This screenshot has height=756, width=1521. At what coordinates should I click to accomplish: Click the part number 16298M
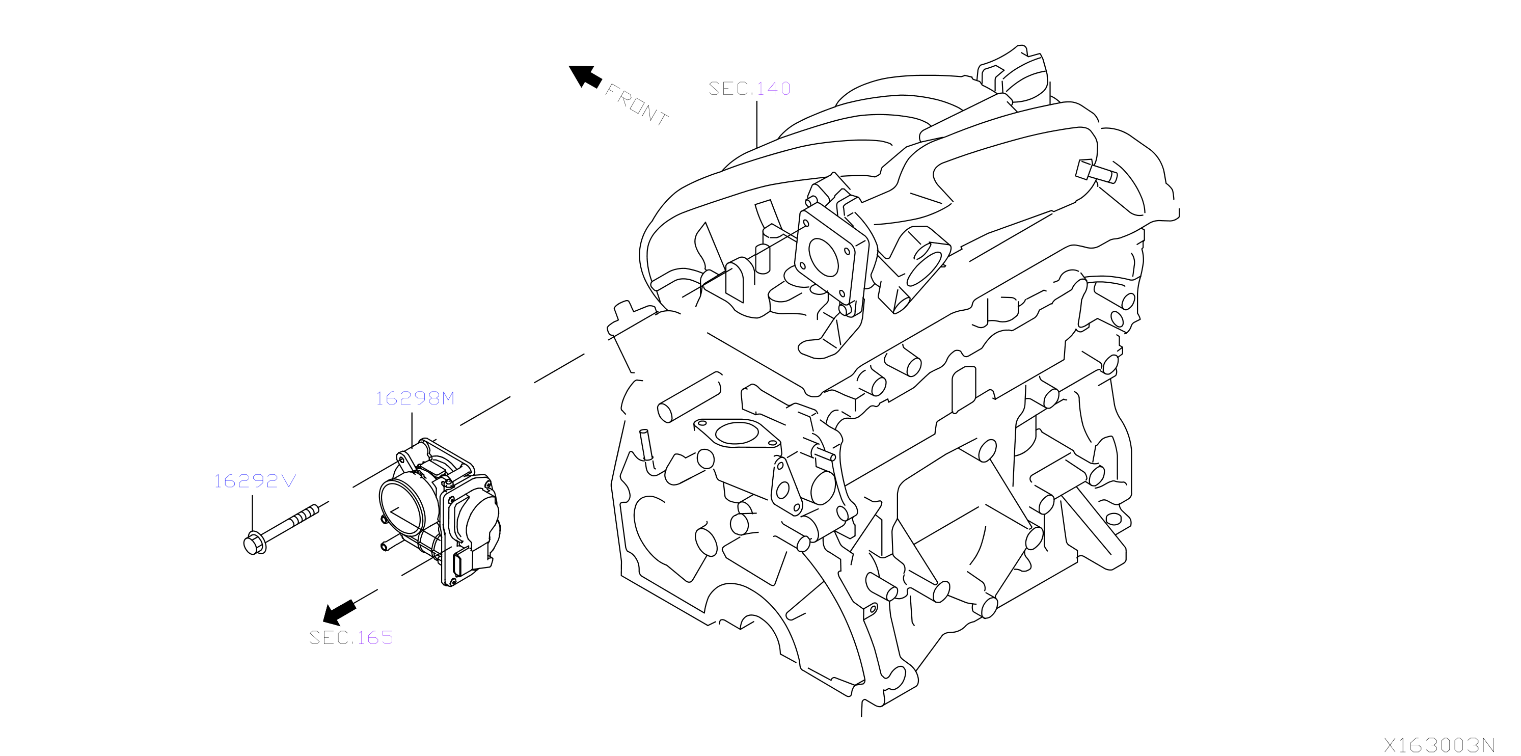click(x=415, y=399)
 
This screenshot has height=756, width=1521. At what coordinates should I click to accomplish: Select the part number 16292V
click(x=255, y=481)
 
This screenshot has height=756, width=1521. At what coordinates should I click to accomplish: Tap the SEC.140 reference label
click(x=749, y=89)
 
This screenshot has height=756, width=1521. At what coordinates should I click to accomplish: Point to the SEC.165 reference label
click(x=351, y=638)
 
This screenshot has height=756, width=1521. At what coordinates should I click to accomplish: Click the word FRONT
click(x=637, y=105)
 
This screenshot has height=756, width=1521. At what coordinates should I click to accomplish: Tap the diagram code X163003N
click(x=1439, y=745)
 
